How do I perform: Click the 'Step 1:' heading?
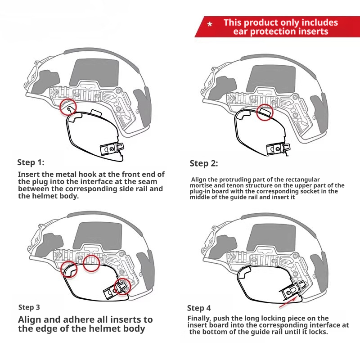coord(31,162)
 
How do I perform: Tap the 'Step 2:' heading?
coord(203,163)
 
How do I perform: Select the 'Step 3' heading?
coord(29,307)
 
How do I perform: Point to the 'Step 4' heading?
coord(199,308)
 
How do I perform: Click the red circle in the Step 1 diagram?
coord(67,107)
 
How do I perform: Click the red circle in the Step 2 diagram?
coord(264,112)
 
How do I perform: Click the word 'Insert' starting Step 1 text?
coord(29,174)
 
